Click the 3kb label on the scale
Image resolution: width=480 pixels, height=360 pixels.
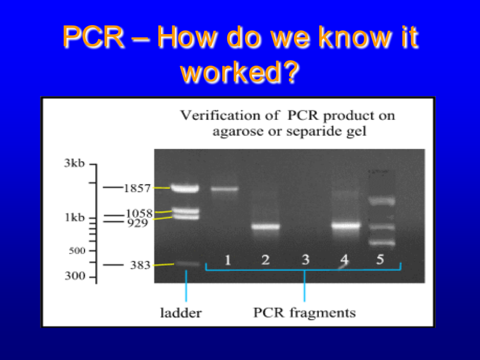[74, 163]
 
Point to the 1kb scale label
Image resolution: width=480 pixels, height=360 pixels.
[74, 218]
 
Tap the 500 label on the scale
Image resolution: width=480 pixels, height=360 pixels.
[77, 251]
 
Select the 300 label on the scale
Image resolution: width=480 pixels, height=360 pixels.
[75, 276]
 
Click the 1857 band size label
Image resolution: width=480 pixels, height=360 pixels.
[137, 188]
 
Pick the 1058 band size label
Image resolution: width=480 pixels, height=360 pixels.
[139, 213]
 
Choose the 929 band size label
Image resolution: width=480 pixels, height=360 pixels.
[138, 223]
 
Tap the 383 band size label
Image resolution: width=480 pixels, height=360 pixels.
[140, 265]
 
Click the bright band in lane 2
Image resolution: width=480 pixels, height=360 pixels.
[266, 227]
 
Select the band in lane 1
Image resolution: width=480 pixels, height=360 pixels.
[225, 189]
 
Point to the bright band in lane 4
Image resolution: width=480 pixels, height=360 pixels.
[346, 226]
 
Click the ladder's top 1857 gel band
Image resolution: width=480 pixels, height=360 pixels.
[185, 188]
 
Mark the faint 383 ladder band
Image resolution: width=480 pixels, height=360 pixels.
[187, 263]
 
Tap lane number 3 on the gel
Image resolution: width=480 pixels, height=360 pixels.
[306, 260]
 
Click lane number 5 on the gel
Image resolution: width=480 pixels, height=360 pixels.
[380, 259]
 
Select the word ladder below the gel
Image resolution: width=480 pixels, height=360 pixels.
[181, 313]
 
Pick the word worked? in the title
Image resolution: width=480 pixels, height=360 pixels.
[239, 71]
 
